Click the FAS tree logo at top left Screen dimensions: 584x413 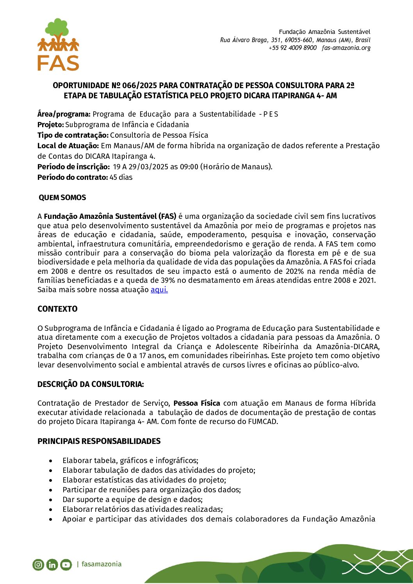58,44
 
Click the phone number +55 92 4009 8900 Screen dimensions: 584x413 292,48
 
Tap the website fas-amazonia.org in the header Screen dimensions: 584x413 346,48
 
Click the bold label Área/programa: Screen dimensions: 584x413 64,114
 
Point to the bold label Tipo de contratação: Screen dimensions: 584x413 73,135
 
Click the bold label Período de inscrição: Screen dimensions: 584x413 73,167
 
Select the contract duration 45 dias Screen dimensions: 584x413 121,178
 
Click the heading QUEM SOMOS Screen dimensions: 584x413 62,198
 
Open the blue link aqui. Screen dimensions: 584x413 159,290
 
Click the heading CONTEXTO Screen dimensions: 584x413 57,309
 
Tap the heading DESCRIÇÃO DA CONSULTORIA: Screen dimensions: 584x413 91,385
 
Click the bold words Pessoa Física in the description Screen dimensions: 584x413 197,403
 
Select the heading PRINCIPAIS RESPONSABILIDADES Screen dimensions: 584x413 99,441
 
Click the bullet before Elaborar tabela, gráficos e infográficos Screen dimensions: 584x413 51,461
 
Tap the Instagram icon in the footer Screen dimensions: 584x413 38,564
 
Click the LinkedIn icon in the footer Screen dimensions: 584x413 52,564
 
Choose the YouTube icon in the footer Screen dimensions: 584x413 66,564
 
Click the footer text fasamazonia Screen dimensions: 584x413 101,564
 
